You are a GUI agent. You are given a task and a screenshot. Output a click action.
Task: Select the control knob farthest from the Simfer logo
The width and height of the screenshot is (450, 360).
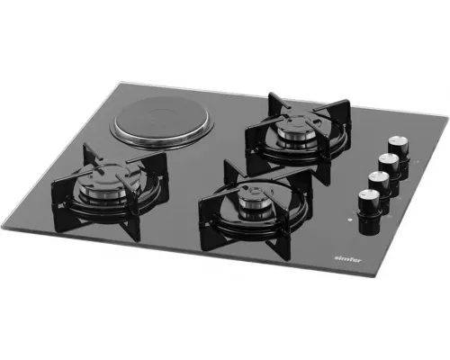pos(395,144)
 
